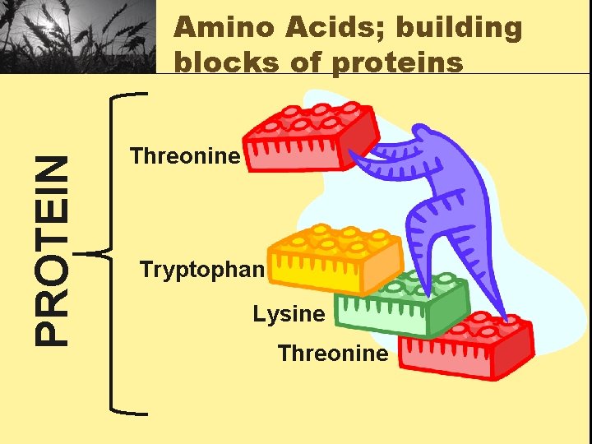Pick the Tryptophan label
tap(202, 269)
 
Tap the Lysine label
tap(289, 313)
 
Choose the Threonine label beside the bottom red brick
tap(333, 354)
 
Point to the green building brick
tap(411, 304)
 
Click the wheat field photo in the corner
tap(78, 36)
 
